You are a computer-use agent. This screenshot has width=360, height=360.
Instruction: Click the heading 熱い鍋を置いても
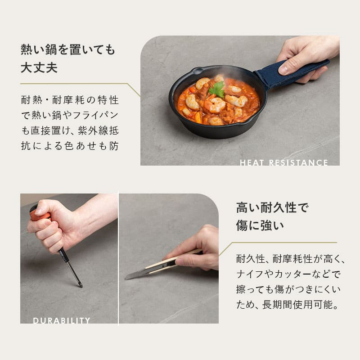[x=68, y=49]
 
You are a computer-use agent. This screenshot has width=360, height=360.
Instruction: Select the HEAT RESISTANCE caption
[x=283, y=162]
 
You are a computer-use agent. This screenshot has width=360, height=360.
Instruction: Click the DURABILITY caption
[x=62, y=320]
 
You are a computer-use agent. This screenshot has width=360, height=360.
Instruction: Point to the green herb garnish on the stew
[x=217, y=89]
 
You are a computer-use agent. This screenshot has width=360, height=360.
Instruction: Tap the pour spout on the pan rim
[x=196, y=70]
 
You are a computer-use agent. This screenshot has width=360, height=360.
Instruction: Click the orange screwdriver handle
[x=39, y=214]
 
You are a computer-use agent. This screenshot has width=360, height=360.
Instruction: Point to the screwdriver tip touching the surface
[x=80, y=285]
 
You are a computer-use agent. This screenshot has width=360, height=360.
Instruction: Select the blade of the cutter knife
[x=135, y=274]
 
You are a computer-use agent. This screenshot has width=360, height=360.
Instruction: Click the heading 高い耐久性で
[x=272, y=208]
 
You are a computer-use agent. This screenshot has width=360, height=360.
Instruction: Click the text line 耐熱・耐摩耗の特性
[x=70, y=100]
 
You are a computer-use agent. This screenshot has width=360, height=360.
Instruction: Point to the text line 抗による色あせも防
[x=70, y=147]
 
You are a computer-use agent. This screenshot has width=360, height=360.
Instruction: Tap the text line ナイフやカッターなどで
[x=288, y=274]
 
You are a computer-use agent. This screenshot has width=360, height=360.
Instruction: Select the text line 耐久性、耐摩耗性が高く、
[x=290, y=259]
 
